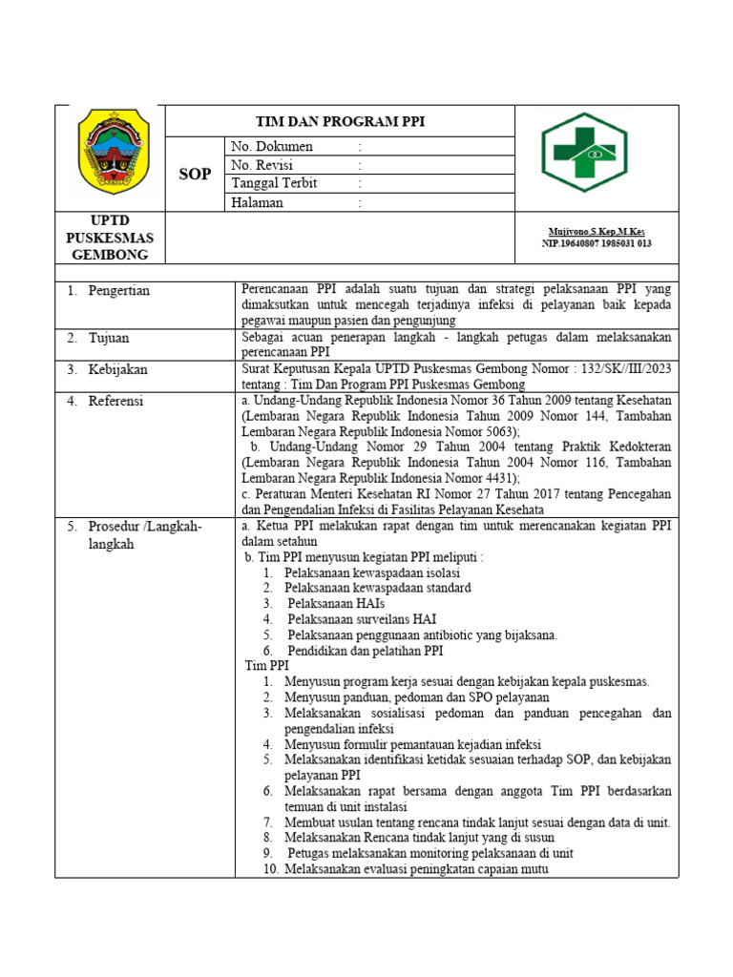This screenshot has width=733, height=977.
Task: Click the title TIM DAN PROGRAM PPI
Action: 340,121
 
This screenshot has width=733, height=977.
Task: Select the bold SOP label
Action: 195,175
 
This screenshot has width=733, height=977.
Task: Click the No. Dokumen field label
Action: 271,147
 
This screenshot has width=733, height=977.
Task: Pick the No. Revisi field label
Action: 262,165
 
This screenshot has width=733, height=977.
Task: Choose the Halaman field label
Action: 257,202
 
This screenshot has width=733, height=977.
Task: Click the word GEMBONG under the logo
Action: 110,255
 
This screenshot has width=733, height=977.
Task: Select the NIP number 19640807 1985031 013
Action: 597,244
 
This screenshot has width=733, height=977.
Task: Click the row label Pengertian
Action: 118,290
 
